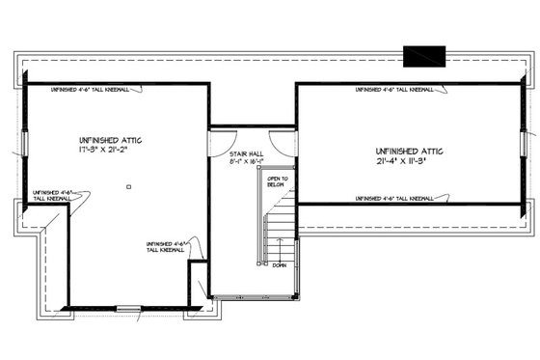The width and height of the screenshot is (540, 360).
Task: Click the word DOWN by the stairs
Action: (279, 264)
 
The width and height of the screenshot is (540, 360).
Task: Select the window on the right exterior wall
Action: (526, 144)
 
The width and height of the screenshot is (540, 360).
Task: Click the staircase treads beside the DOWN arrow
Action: (279, 237)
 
